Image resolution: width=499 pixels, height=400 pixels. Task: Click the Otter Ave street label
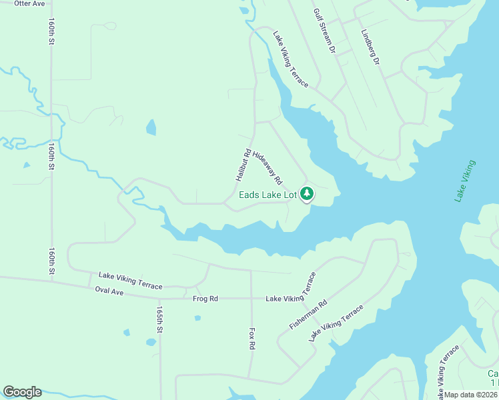29,4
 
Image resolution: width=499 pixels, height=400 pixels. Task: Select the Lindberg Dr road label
370,47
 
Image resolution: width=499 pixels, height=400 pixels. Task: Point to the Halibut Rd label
242,165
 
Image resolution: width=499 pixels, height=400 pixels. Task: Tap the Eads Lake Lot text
268,195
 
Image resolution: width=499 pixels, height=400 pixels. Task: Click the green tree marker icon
307,194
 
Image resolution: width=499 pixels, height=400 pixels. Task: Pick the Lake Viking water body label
465,181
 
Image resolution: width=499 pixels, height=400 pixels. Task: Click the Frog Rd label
205,299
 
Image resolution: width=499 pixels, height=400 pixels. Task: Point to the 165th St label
159,320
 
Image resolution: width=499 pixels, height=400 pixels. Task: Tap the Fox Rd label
252,338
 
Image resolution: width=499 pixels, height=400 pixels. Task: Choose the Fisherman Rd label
308,313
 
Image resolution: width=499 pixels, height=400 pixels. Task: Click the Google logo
22,392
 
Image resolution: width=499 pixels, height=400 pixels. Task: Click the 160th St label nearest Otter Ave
51,31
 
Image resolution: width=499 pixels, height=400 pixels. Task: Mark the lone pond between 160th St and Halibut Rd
151,127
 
